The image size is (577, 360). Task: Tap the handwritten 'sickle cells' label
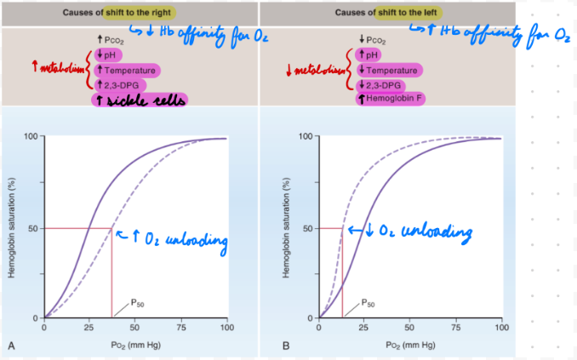click(x=140, y=100)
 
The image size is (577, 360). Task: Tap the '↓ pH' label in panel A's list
click(x=111, y=55)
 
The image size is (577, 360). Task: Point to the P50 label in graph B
click(x=368, y=302)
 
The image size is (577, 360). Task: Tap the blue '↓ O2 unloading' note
click(x=417, y=231)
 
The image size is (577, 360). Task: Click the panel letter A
click(x=11, y=346)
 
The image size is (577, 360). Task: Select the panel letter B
click(x=286, y=346)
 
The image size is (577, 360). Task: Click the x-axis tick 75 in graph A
click(x=180, y=327)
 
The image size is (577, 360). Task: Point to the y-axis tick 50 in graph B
click(x=308, y=228)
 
